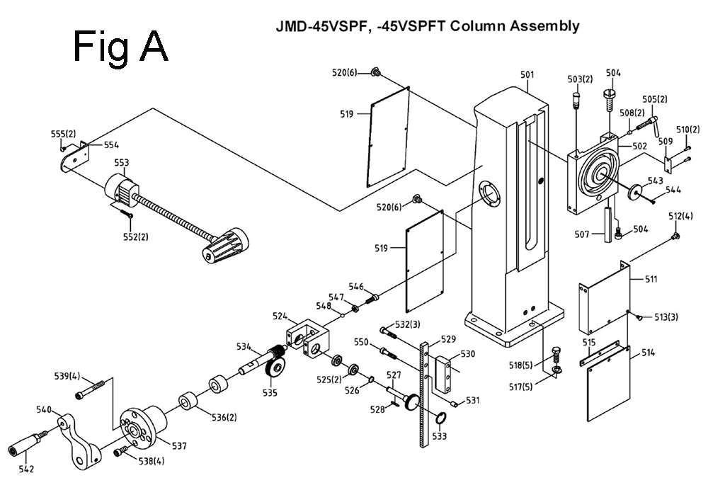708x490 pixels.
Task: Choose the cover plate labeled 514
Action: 608,386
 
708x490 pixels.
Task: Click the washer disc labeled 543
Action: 636,191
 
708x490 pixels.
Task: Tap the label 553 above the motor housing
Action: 122,162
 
